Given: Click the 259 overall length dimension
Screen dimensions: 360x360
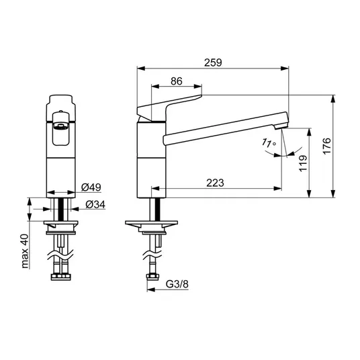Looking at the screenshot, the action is [213, 62].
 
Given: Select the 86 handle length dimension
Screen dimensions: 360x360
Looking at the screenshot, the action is [177, 81].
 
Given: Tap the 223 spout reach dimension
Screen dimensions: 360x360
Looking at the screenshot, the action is [215, 183].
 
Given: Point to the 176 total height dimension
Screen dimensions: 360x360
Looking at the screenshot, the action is [327, 146].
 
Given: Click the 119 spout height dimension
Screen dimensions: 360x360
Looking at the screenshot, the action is [303, 163].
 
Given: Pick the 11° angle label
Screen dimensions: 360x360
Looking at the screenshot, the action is [269, 143].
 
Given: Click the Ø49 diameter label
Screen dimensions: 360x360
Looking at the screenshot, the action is [91, 187].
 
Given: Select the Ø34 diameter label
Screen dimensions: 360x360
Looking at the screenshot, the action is [95, 205].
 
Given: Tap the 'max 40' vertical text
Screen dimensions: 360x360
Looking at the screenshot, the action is [25, 251].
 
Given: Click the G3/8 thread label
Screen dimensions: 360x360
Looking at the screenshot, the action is [177, 284].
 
